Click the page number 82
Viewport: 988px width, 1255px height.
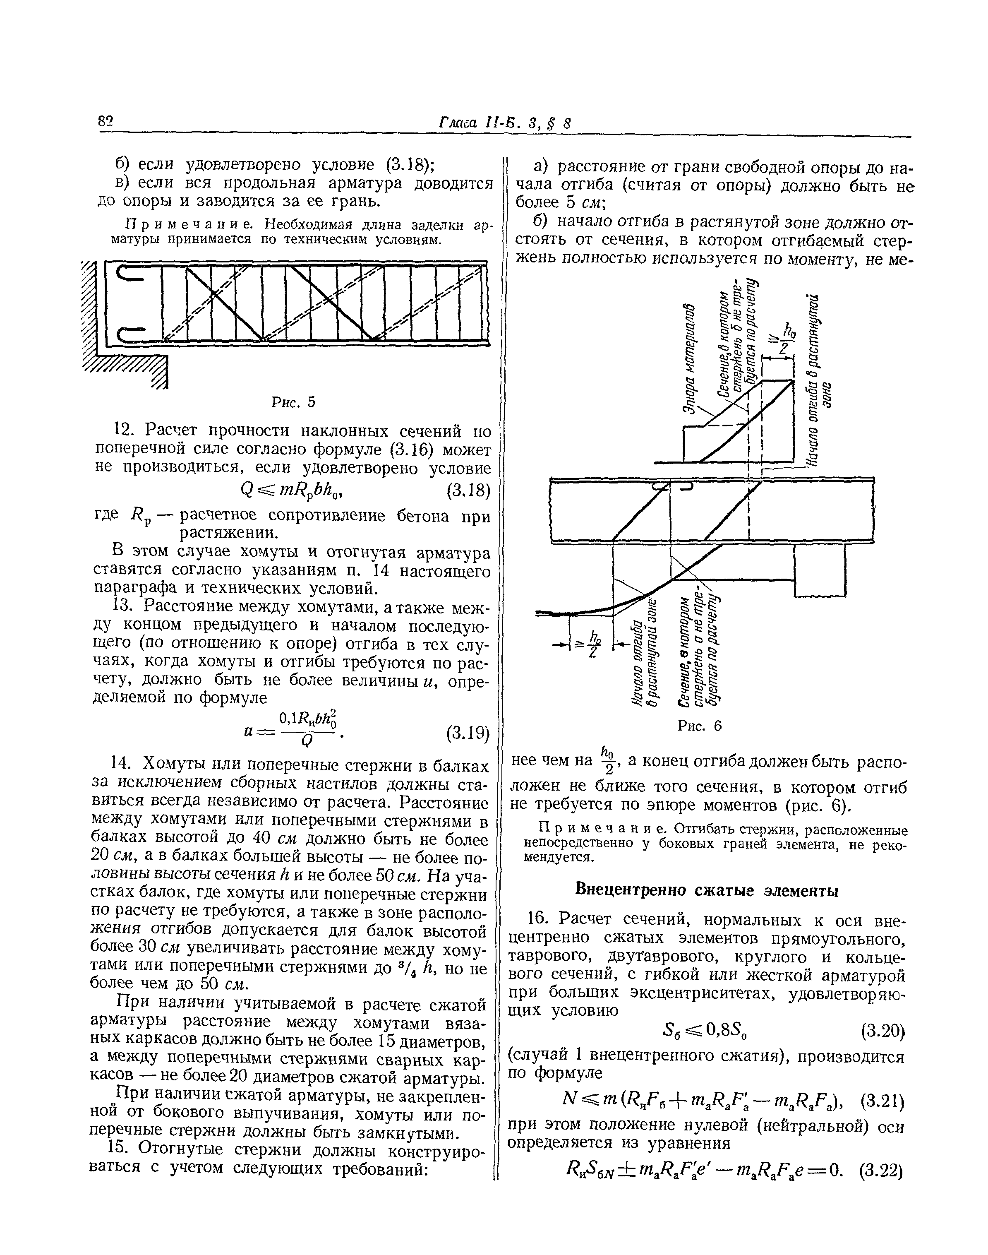[x=107, y=123]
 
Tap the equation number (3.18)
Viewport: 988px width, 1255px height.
[x=468, y=491]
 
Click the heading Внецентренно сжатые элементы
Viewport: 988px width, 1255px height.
[x=707, y=890]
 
